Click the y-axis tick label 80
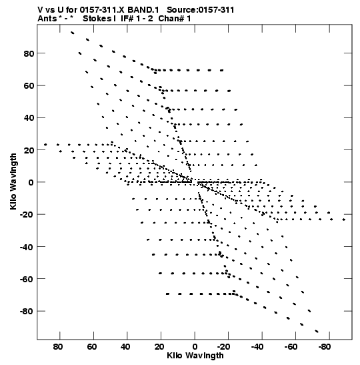[29, 53]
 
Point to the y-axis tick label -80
[27, 311]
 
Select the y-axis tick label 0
[31, 182]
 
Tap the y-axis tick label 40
[29, 118]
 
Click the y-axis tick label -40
[27, 247]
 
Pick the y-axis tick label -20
[27, 214]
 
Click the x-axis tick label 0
[195, 347]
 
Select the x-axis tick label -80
[324, 347]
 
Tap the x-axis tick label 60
[91, 347]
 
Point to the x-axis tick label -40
[257, 347]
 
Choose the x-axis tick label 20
[159, 347]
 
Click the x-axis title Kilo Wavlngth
[195, 356]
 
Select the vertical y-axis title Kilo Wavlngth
[13, 181]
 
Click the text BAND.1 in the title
[143, 10]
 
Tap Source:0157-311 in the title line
[201, 10]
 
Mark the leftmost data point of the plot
[45, 145]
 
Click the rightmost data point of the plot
[344, 220]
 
